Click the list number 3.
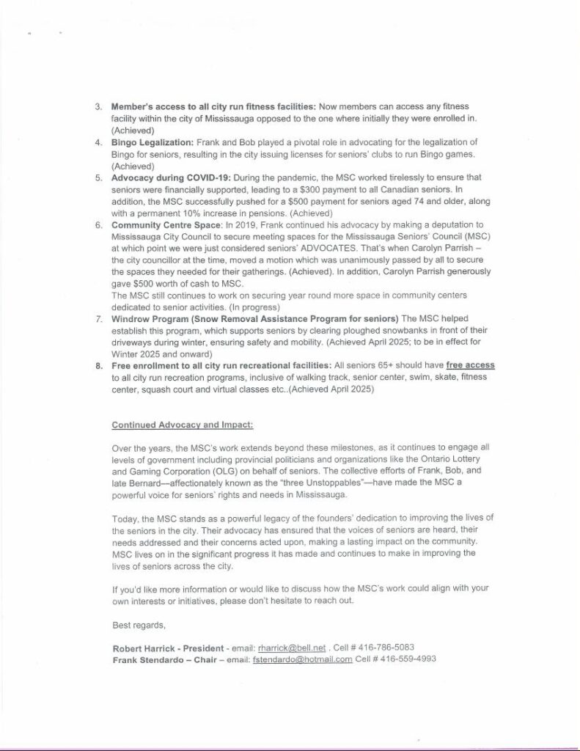pos(98,106)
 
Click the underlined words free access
pos(470,364)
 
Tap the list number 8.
pos(98,364)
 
